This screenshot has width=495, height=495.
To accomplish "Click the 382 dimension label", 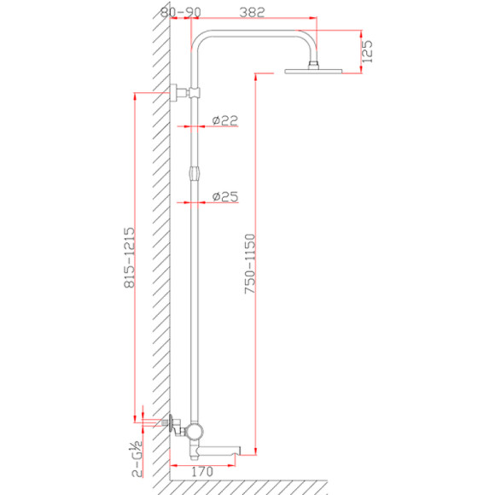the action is point(252,12).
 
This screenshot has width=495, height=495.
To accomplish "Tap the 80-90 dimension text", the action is point(181,12).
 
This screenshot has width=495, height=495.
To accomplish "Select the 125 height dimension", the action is point(367,51).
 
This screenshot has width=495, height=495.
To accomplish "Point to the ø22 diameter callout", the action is point(224,120).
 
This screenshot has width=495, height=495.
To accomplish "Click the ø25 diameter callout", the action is point(225,196).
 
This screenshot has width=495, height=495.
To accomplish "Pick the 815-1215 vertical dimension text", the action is point(129,258).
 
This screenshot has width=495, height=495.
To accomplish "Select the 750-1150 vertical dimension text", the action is point(250,264).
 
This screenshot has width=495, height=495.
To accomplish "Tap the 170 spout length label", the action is point(202,472).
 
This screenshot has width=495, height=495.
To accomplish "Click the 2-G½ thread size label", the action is point(137,458).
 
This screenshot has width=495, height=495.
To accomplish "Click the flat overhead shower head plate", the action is point(313,72).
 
